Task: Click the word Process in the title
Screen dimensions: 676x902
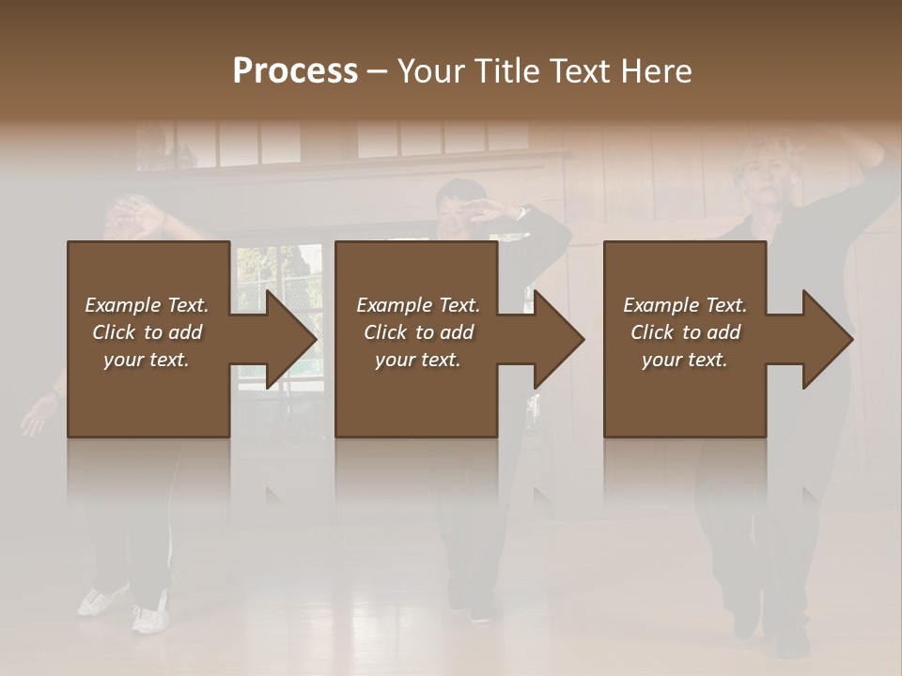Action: pyautogui.click(x=295, y=71)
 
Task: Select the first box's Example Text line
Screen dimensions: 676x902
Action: pyautogui.click(x=147, y=305)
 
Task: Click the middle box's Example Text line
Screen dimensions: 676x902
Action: pyautogui.click(x=418, y=305)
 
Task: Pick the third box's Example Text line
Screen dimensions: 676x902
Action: pyautogui.click(x=685, y=305)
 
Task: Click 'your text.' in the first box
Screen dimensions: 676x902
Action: pyautogui.click(x=147, y=360)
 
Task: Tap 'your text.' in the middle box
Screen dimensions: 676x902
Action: pyautogui.click(x=418, y=360)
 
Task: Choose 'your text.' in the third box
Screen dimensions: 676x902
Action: pyautogui.click(x=685, y=360)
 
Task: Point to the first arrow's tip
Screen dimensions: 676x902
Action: pyautogui.click(x=315, y=339)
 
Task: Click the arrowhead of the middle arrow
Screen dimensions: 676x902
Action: pyautogui.click(x=583, y=339)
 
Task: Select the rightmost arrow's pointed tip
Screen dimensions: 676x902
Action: pyautogui.click(x=850, y=339)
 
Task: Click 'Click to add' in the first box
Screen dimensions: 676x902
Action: pyautogui.click(x=147, y=332)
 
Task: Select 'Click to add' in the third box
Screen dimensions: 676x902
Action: pyautogui.click(x=685, y=332)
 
